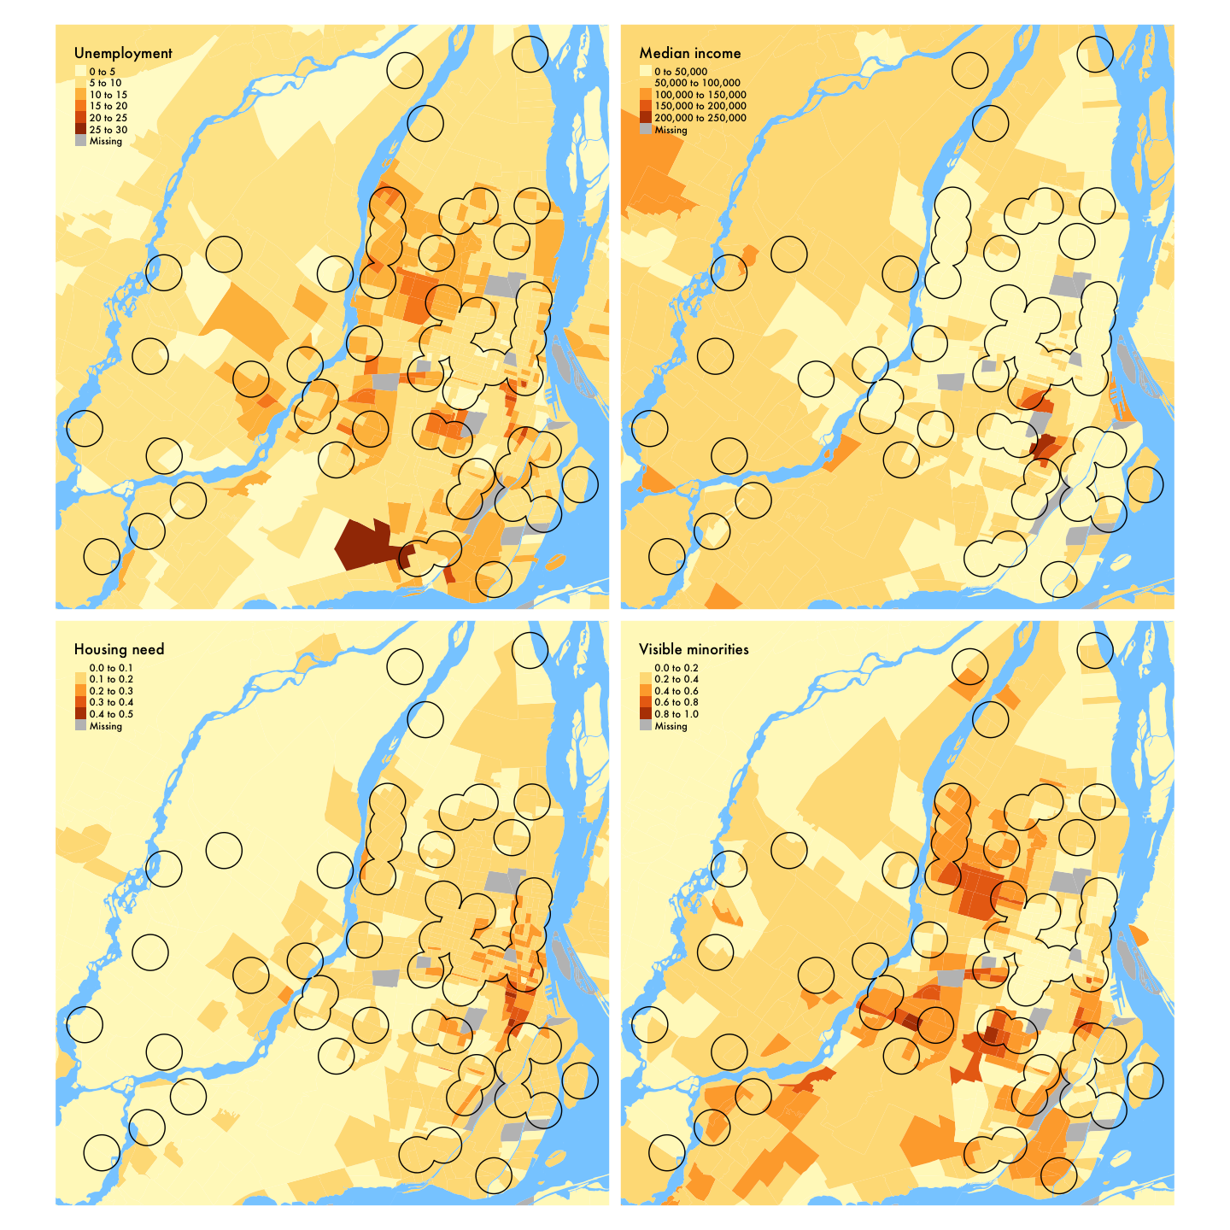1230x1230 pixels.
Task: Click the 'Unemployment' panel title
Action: (123, 53)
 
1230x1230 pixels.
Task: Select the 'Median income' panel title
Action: (690, 53)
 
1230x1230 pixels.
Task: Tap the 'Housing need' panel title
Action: (119, 649)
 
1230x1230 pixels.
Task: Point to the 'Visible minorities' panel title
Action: (694, 649)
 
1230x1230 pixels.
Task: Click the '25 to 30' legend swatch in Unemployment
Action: (80, 130)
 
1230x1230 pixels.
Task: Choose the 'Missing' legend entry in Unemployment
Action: (106, 142)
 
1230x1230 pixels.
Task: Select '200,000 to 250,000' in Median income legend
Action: (700, 118)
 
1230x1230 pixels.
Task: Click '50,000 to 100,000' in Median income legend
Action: (697, 83)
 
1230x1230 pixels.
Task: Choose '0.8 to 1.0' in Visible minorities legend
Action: (676, 714)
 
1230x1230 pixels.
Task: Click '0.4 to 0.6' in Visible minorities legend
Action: (676, 691)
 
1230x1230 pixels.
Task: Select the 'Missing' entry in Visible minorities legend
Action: (671, 726)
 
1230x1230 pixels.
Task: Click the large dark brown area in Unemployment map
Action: (363, 543)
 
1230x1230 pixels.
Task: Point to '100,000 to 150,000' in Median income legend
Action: (700, 95)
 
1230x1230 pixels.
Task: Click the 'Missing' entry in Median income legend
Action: (671, 130)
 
